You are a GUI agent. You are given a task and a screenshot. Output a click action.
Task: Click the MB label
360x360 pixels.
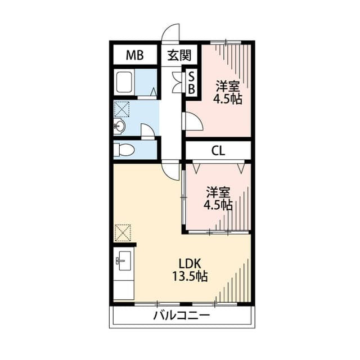[x=135, y=55]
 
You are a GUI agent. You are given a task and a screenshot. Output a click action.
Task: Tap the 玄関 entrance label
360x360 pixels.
[x=179, y=55]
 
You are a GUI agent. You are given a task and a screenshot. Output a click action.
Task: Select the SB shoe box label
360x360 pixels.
[x=191, y=83]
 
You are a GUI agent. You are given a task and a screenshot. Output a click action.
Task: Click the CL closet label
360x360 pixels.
[x=218, y=151]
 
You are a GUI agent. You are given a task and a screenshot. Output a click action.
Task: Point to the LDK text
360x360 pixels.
[x=190, y=264]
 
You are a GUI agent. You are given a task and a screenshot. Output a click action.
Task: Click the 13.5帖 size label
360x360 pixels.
[x=190, y=276]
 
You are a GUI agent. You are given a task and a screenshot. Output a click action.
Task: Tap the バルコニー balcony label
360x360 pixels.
[x=182, y=316]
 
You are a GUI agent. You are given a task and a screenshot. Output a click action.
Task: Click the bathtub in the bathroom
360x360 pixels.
[x=124, y=82]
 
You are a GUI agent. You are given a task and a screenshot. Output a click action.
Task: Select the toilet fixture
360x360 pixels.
[x=124, y=150]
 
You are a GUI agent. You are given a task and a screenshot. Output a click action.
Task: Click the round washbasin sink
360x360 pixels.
[x=119, y=126]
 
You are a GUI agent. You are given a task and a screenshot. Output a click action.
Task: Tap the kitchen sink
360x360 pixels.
[x=124, y=261]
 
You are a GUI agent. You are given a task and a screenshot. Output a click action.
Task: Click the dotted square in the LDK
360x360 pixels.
[x=123, y=233]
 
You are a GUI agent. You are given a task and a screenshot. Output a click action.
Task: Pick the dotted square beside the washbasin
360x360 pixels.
[x=121, y=109]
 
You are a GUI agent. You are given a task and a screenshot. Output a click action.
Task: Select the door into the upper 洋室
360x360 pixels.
[x=194, y=121]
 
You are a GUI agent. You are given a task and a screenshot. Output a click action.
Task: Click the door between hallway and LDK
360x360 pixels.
[x=170, y=171]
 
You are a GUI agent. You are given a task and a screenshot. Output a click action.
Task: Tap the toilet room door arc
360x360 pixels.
[x=147, y=132]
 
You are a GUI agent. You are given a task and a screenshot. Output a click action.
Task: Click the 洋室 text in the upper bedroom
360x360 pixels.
[x=227, y=87]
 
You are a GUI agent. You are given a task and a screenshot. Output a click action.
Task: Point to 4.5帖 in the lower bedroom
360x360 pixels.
[x=218, y=205]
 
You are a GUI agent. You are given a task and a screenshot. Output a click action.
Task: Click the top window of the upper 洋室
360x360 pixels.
[x=226, y=42]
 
